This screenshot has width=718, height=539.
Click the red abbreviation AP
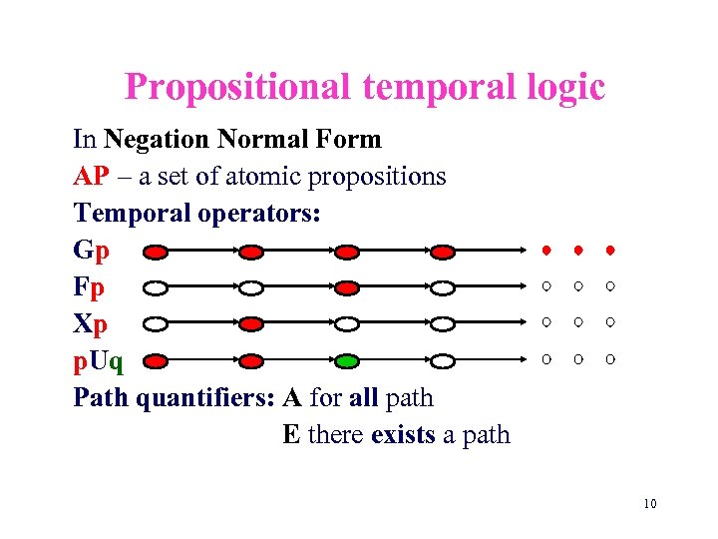91,177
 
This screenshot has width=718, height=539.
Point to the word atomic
262,177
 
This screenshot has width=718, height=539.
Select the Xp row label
88,323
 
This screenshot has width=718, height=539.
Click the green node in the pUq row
346,360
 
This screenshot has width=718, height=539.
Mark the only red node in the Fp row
346,287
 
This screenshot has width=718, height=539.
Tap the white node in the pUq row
439,360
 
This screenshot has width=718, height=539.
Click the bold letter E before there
291,434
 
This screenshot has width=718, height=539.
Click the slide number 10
649,503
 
